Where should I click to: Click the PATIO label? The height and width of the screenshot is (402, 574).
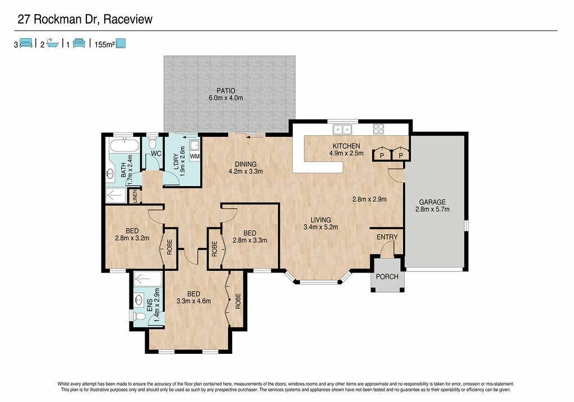click(x=225, y=91)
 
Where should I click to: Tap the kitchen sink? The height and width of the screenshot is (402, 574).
click(x=342, y=130)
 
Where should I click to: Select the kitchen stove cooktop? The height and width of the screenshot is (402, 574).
click(x=378, y=129)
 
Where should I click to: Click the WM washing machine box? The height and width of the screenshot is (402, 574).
click(x=195, y=156)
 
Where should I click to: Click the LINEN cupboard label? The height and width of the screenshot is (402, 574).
click(x=135, y=197)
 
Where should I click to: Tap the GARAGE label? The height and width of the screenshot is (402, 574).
click(x=432, y=202)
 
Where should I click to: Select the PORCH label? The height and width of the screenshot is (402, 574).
click(x=387, y=277)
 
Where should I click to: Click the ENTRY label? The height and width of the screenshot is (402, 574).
click(x=387, y=237)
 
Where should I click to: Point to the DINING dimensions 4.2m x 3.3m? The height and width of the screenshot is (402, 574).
click(x=246, y=172)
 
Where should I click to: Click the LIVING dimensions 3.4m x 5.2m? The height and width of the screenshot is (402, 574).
click(x=321, y=227)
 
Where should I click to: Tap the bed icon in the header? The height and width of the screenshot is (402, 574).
click(x=26, y=43)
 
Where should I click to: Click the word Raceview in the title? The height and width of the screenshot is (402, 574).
click(x=128, y=19)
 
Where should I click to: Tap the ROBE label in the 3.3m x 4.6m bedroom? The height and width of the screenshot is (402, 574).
click(x=238, y=301)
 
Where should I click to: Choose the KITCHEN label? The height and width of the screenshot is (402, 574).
click(x=346, y=146)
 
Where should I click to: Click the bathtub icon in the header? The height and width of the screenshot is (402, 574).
click(x=53, y=43)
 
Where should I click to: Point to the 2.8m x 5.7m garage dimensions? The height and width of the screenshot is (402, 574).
click(x=432, y=210)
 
